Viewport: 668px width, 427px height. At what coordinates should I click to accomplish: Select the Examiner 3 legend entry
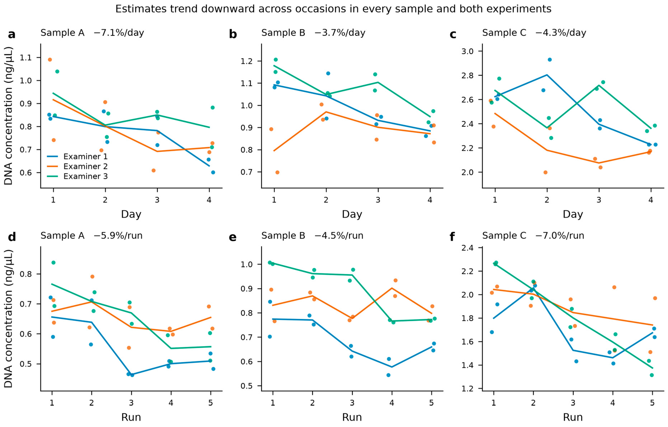click(x=77, y=176)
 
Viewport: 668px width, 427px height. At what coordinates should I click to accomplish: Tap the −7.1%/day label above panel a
click(x=119, y=33)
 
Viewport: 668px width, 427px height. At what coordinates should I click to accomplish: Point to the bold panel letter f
click(x=452, y=237)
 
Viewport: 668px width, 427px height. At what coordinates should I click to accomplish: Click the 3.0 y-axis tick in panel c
click(x=467, y=51)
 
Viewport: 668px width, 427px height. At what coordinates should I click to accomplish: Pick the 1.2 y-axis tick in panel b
click(x=247, y=61)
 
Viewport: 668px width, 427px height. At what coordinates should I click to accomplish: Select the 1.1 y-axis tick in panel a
click(x=26, y=58)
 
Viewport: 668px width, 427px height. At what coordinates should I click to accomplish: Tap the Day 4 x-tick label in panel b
click(x=430, y=200)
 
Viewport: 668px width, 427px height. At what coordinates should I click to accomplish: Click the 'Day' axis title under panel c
click(x=573, y=214)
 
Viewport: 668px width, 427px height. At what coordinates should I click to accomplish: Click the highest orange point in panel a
click(x=50, y=60)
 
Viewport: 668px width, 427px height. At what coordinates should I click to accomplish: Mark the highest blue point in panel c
click(x=550, y=60)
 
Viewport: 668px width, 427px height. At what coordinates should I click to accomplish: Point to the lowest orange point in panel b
click(x=277, y=172)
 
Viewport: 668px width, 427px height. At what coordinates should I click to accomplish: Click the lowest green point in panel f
click(x=652, y=375)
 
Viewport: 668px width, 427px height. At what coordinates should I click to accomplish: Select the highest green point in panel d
click(x=53, y=263)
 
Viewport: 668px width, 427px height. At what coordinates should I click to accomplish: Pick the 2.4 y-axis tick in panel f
click(x=467, y=248)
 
